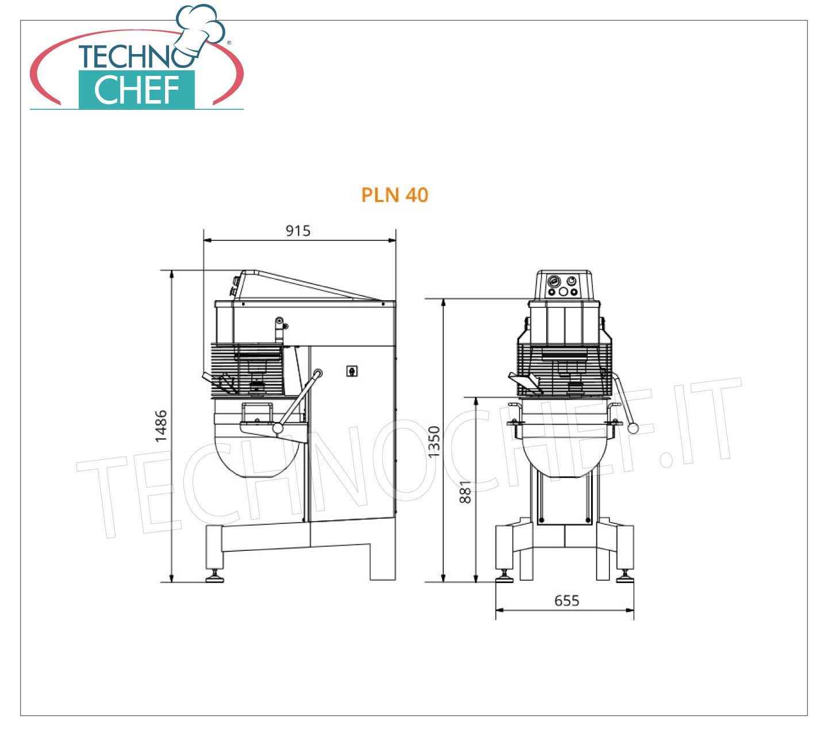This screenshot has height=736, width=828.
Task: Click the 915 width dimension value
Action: tap(298, 231)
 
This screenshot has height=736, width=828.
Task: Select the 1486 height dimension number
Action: tap(161, 426)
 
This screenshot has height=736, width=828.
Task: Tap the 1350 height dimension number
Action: tap(434, 442)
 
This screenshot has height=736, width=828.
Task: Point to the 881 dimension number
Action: tap(466, 492)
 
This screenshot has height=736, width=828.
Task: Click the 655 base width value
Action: tap(567, 600)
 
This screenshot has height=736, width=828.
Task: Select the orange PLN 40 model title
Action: tap(395, 195)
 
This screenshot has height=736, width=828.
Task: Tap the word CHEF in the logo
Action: tap(137, 90)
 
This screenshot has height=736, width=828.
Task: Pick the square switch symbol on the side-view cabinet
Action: tap(352, 371)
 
